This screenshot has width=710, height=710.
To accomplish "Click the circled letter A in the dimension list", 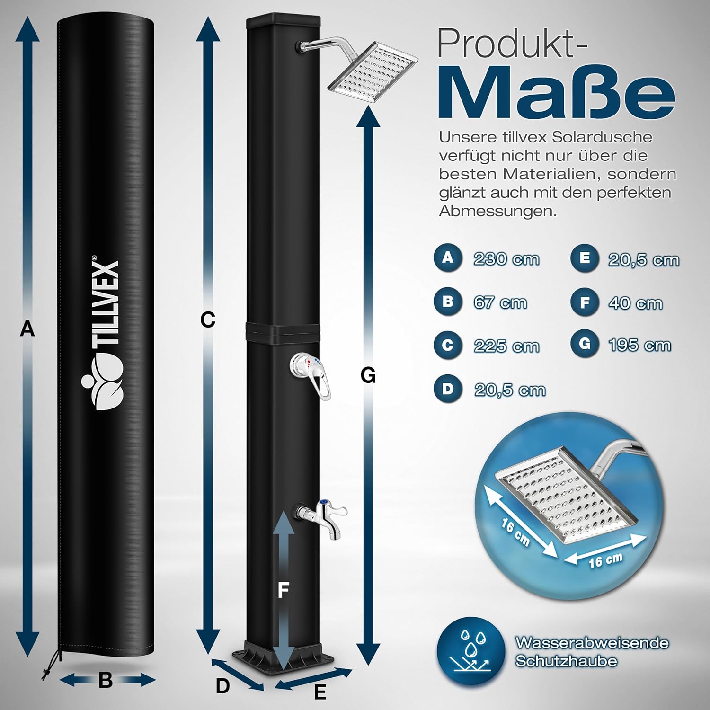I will [x=447, y=258].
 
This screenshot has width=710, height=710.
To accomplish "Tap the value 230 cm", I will [x=506, y=259].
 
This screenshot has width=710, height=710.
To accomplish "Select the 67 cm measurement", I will [x=500, y=302].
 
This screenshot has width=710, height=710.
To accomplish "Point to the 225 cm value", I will [x=506, y=346].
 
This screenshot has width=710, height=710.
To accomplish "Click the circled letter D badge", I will [x=447, y=389].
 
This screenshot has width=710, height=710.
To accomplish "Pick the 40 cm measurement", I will [x=635, y=303].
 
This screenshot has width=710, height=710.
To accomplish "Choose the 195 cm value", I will [x=639, y=345].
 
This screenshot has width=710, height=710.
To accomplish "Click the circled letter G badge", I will [x=585, y=344].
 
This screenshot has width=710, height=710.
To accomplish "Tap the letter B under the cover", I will [x=106, y=681].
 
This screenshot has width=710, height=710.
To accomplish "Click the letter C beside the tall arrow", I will [x=207, y=320].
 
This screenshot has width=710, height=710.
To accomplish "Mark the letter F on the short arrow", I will [x=283, y=590].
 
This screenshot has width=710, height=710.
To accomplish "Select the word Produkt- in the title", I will [x=511, y=44].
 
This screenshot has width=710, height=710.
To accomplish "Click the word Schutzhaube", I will [x=566, y=661].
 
